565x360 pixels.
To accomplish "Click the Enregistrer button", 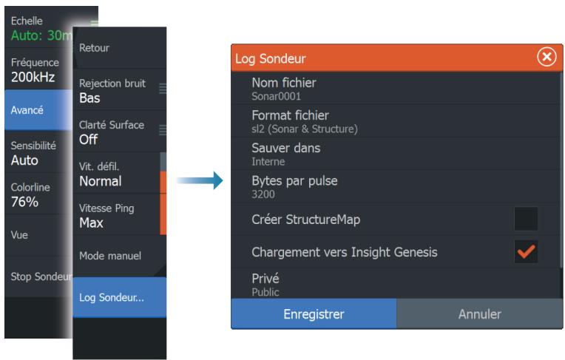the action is click(314, 313).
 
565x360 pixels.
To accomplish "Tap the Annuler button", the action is click(480, 313).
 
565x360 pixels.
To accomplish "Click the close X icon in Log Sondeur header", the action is click(547, 57).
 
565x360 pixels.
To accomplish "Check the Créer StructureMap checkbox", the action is click(526, 219).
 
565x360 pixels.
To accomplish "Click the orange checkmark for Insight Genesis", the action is click(526, 251).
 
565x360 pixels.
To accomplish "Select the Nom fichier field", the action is click(396, 89).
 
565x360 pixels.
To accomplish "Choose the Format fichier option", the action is click(396, 121).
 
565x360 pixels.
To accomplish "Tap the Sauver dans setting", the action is click(396, 154).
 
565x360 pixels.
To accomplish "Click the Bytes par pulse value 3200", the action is click(263, 194).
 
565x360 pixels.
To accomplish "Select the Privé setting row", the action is click(396, 284).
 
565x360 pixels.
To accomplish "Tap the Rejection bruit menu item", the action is click(120, 90).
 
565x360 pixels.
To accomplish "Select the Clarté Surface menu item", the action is click(120, 132).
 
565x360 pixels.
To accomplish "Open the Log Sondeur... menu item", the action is click(120, 297).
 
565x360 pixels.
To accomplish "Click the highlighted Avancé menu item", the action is click(38, 110).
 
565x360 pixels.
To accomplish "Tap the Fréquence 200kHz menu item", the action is click(38, 69).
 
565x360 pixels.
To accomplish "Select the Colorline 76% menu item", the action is click(38, 194).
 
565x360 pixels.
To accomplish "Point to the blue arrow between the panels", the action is click(200, 180).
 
